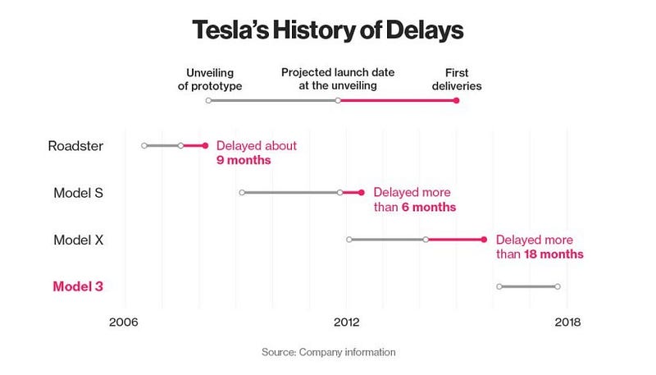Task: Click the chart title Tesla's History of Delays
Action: pyautogui.click(x=327, y=30)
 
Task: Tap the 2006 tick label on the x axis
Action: pyautogui.click(x=124, y=322)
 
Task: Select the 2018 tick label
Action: pyautogui.click(x=567, y=322)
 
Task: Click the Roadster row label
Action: pyautogui.click(x=75, y=146)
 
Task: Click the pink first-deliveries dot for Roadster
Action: pyautogui.click(x=205, y=145)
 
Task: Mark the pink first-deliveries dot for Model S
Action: pyautogui.click(x=361, y=193)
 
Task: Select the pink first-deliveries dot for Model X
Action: pyautogui.click(x=484, y=240)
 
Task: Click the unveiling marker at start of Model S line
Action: pyautogui.click(x=242, y=193)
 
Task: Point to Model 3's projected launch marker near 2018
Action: pyautogui.click(x=558, y=286)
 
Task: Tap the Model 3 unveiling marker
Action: pyautogui.click(x=499, y=286)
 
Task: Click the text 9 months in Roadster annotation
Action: pyautogui.click(x=244, y=160)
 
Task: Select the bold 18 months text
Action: pyautogui.click(x=553, y=254)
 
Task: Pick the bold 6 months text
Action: pyautogui.click(x=428, y=207)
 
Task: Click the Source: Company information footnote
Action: pyautogui.click(x=328, y=352)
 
